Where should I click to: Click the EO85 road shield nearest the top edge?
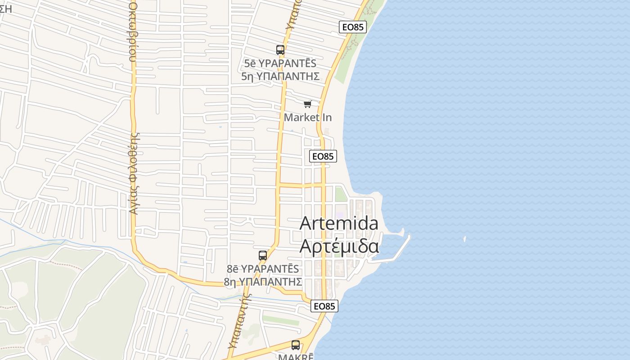(353, 27)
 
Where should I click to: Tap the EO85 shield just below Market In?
(323, 156)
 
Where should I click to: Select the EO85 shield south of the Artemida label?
(324, 306)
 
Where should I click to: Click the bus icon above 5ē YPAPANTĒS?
(280, 50)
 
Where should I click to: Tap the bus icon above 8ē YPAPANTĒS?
(263, 256)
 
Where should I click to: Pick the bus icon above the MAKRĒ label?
(296, 345)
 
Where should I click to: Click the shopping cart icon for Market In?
(308, 104)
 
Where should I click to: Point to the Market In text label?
(308, 117)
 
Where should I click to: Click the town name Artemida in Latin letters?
(339, 223)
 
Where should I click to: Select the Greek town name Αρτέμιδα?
(339, 246)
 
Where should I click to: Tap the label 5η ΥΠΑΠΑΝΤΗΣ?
(280, 76)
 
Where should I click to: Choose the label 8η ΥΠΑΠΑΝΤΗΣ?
(263, 282)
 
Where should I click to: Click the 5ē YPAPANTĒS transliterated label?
(280, 63)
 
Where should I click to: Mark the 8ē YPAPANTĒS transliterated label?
(263, 269)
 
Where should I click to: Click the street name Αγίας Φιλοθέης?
(133, 173)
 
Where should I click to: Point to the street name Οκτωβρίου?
(133, 31)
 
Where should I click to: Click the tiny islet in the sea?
(464, 239)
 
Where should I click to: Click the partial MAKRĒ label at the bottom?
(296, 357)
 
